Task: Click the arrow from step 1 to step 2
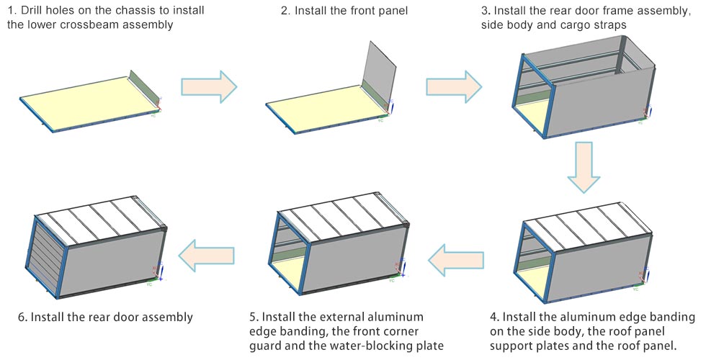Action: pos(209,86)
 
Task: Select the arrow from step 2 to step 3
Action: pos(454,86)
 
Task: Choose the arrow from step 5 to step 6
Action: pos(207,254)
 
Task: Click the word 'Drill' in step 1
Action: pos(34,9)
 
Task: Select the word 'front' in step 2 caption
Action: pos(372,9)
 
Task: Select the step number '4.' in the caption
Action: pos(493,317)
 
